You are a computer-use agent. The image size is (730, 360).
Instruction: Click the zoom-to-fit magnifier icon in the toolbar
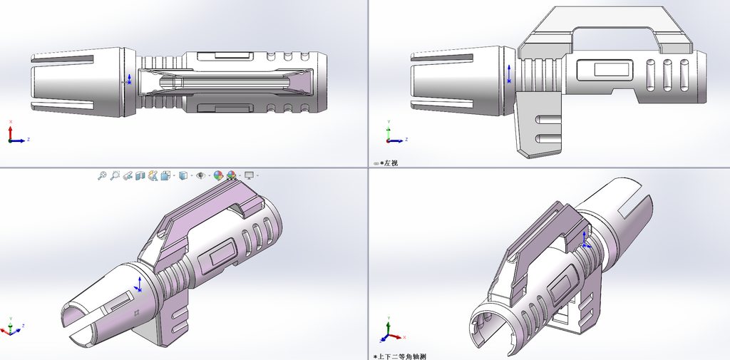(102, 175)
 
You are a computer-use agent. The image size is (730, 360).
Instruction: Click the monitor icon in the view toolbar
(250, 175)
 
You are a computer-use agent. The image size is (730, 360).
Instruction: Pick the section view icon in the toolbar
(140, 175)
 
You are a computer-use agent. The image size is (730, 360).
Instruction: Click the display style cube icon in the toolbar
(183, 175)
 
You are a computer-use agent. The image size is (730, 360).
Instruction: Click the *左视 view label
(389, 163)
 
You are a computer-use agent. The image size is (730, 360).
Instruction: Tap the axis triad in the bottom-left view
(11, 328)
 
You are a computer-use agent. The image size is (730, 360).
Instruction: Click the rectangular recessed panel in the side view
(605, 71)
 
